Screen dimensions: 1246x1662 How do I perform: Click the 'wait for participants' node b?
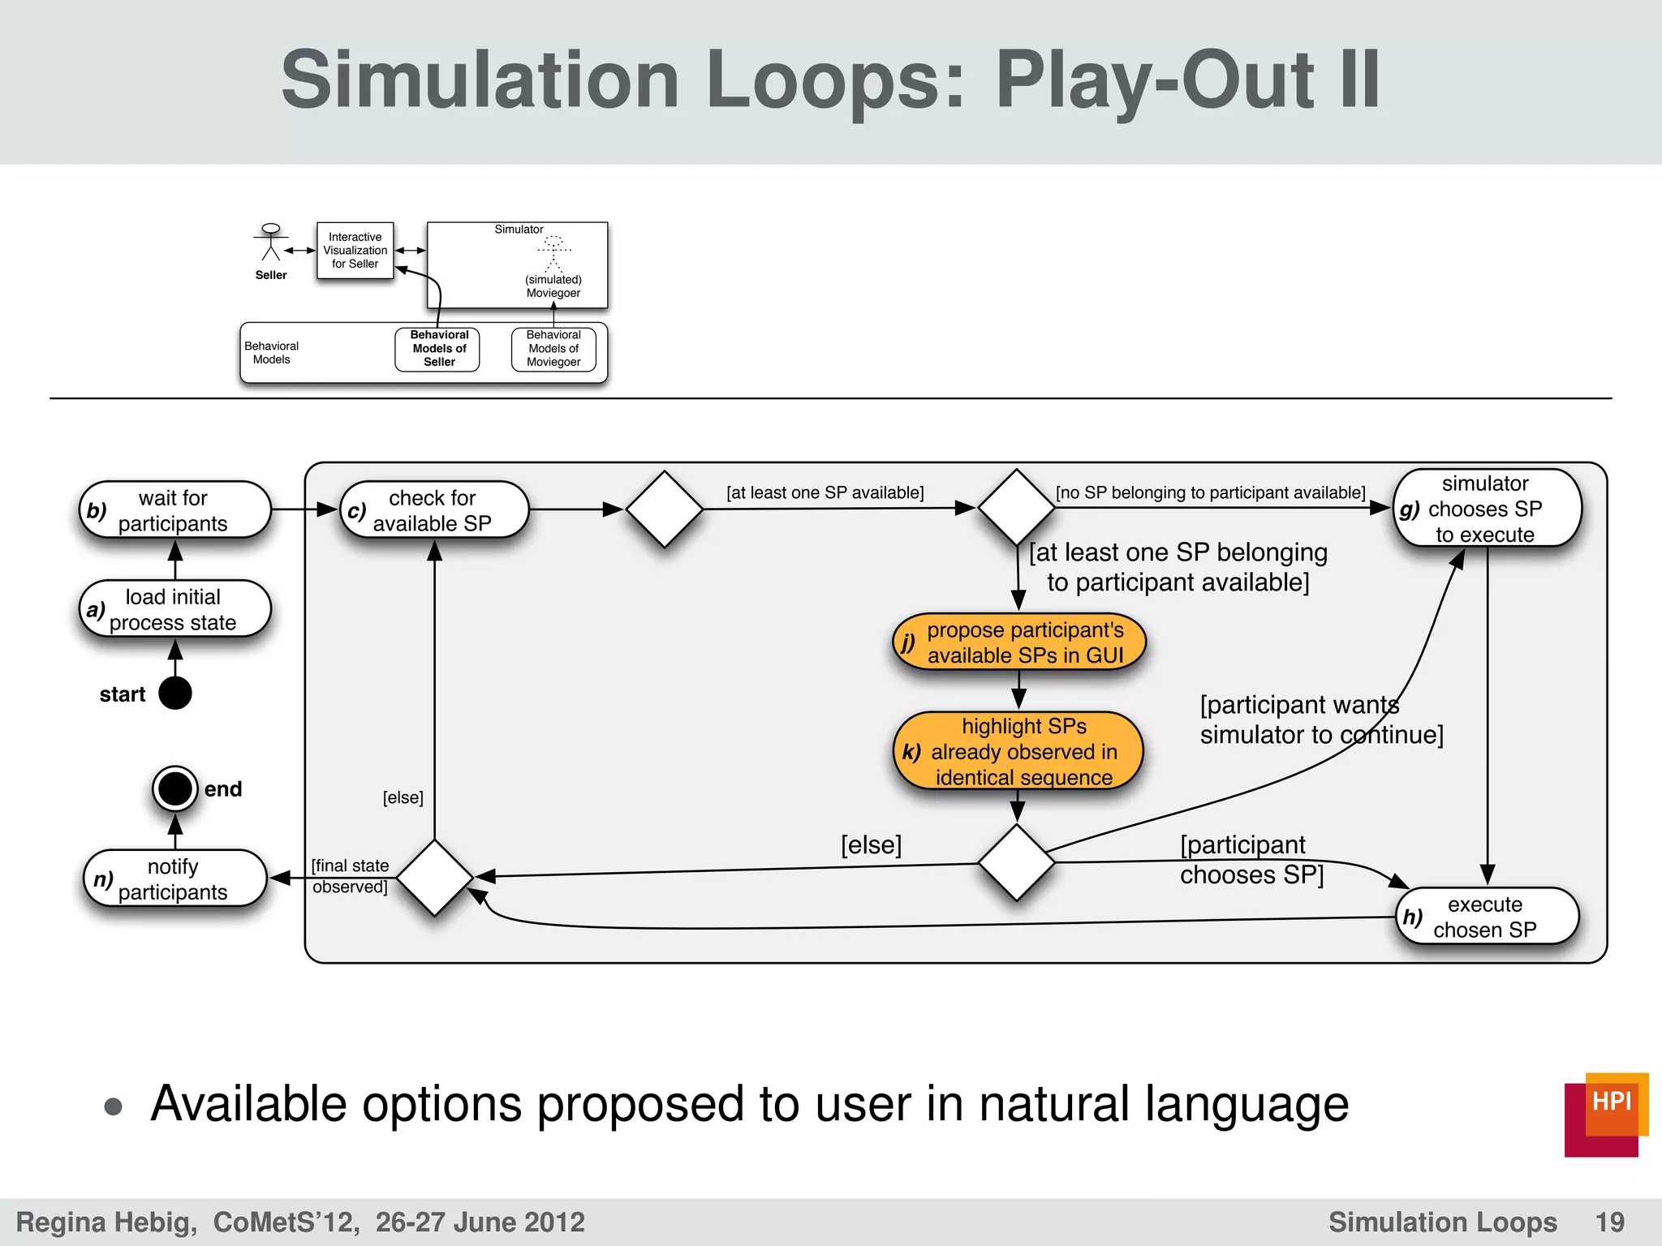174,510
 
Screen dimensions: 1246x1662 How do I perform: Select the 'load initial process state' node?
174,609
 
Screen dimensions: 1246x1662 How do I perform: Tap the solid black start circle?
175,694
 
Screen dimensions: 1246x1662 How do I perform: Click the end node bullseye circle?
175,788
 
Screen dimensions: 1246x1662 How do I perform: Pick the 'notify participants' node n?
174,879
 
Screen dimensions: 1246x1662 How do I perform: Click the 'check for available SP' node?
434,510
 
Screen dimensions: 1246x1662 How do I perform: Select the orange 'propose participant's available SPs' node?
1019,642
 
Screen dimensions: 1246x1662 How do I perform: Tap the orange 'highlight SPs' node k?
1018,752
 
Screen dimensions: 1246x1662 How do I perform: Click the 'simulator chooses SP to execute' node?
1487,509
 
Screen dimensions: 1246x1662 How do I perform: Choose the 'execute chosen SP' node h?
1487,917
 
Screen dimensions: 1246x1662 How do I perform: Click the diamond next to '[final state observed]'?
435,878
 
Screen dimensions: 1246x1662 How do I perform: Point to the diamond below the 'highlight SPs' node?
1016,863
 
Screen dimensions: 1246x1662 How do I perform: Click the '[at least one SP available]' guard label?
825,492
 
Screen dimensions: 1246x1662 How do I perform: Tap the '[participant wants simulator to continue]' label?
1320,720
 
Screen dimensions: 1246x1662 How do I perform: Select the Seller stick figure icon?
271,243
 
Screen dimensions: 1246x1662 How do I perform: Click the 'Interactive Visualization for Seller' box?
355,251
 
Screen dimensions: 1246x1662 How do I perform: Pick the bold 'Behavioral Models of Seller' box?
438,349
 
